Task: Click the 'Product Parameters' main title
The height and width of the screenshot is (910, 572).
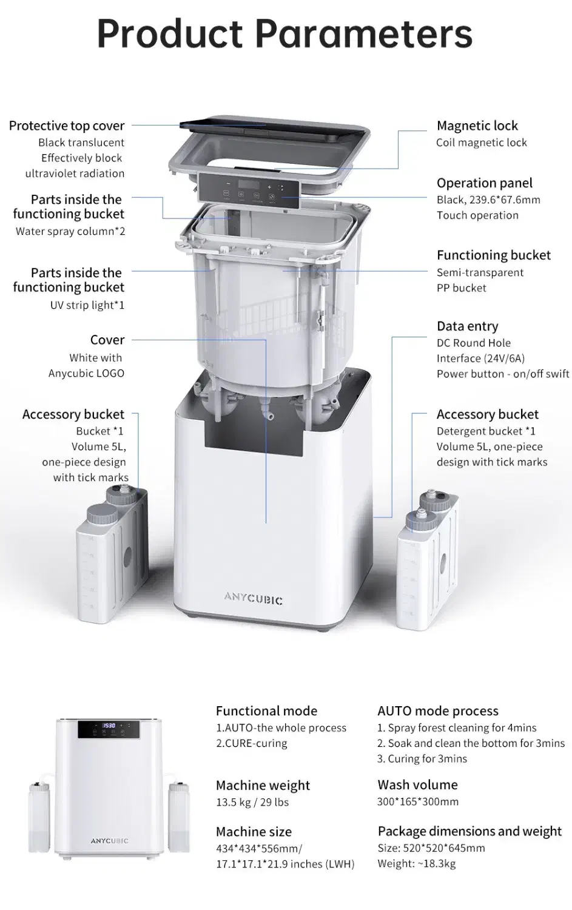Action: pos(284,34)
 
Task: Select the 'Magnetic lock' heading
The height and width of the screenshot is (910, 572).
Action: pos(477,126)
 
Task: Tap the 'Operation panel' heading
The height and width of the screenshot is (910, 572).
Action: pos(484,183)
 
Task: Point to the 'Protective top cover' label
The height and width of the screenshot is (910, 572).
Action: pos(67,126)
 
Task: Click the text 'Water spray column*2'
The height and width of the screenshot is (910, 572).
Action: pos(70,231)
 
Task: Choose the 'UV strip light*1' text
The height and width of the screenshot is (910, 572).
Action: pos(87,305)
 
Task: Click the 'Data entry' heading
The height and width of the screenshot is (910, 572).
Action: pos(467,326)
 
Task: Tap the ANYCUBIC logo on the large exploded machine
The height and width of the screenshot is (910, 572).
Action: pos(253,598)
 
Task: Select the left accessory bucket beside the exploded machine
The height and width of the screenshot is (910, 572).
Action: pos(112,554)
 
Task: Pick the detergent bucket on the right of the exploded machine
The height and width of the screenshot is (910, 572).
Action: pos(428,559)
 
